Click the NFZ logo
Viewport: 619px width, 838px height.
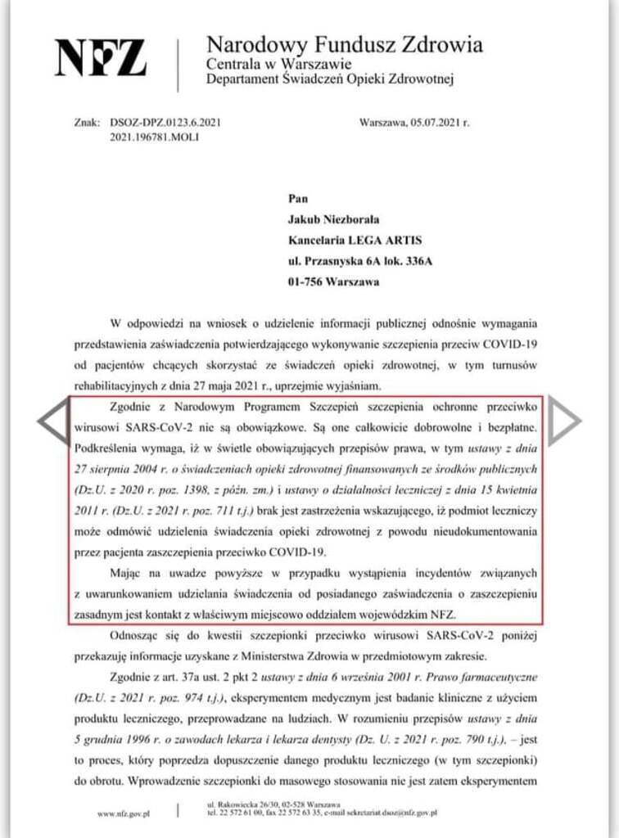101,58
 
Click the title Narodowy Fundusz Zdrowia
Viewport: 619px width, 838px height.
344,44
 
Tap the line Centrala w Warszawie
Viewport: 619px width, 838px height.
278,65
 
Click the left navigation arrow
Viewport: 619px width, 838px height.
52,421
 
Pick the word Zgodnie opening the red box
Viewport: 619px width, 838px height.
133,408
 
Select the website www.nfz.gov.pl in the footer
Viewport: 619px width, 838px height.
122,814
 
